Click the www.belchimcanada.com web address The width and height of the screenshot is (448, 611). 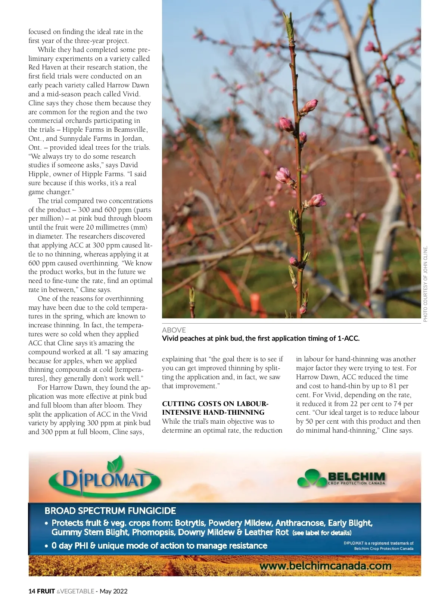pyautogui.click(x=326, y=566)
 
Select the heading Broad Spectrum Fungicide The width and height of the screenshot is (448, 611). pyautogui.click(x=110, y=511)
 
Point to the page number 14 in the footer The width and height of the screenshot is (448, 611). pyautogui.click(x=32, y=591)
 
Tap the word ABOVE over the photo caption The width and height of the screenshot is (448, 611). pyautogui.click(x=174, y=330)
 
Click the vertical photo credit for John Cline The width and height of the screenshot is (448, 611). pyautogui.click(x=426, y=284)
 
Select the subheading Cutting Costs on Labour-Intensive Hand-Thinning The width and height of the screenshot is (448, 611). pyautogui.click(x=215, y=408)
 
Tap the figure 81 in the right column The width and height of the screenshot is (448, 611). pyautogui.click(x=393, y=386)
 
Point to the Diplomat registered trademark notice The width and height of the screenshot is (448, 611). pyautogui.click(x=378, y=546)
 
